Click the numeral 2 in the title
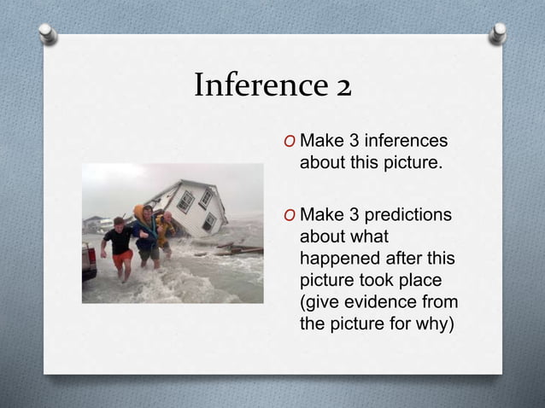(342, 86)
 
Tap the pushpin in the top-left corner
(49, 33)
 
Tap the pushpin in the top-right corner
(498, 33)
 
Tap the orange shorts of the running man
(123, 258)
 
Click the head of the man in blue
(147, 210)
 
